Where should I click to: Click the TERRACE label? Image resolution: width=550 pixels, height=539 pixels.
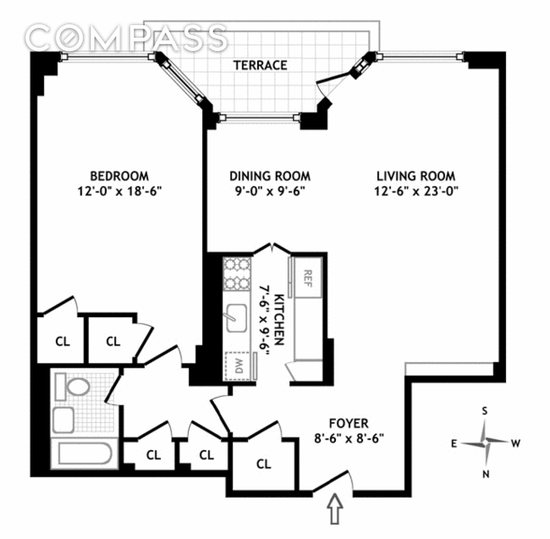click(x=261, y=66)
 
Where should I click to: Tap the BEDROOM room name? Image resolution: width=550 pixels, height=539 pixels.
click(x=120, y=176)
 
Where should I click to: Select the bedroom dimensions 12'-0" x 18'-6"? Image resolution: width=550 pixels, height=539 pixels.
click(x=120, y=191)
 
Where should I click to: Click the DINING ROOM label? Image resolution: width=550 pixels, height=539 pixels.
click(x=270, y=176)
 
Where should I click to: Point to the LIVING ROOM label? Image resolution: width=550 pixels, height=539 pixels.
click(x=416, y=176)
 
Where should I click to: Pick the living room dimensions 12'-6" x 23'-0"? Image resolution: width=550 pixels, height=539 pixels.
click(x=416, y=191)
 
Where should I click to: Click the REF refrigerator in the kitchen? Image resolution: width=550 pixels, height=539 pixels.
click(x=307, y=278)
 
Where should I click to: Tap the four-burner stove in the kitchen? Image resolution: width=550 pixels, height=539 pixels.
click(x=237, y=274)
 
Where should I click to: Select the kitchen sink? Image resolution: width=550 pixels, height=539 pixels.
click(x=236, y=318)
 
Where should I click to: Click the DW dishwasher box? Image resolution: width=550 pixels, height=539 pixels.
click(x=238, y=366)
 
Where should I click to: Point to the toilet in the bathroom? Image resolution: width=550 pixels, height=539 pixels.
click(x=72, y=386)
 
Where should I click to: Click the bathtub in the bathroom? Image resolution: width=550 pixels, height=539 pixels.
click(x=84, y=453)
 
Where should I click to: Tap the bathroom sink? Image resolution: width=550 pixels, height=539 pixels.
click(x=64, y=420)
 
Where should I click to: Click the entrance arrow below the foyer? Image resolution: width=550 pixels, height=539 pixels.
click(x=335, y=508)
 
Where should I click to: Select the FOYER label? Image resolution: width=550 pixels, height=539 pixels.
click(x=349, y=423)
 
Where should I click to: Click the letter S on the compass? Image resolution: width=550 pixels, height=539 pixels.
click(x=484, y=411)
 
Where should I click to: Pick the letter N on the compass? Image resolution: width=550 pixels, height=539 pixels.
click(x=486, y=474)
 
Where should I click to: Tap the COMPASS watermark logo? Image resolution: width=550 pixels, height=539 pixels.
click(x=127, y=37)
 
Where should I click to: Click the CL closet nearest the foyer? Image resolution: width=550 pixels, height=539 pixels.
click(x=263, y=464)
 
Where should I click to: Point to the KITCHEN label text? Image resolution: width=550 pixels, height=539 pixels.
click(x=279, y=320)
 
